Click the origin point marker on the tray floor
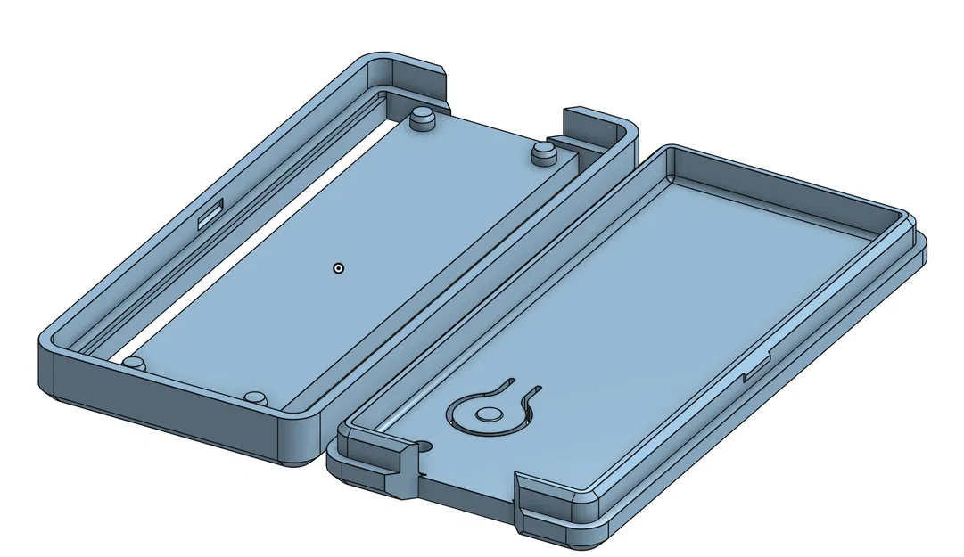click(338, 267)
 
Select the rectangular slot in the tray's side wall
click(211, 213)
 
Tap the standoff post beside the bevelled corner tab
click(423, 118)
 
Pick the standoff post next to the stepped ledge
click(542, 153)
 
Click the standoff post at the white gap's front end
click(134, 363)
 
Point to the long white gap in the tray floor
click(259, 240)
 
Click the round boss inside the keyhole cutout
click(488, 414)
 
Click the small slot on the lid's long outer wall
click(757, 366)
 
